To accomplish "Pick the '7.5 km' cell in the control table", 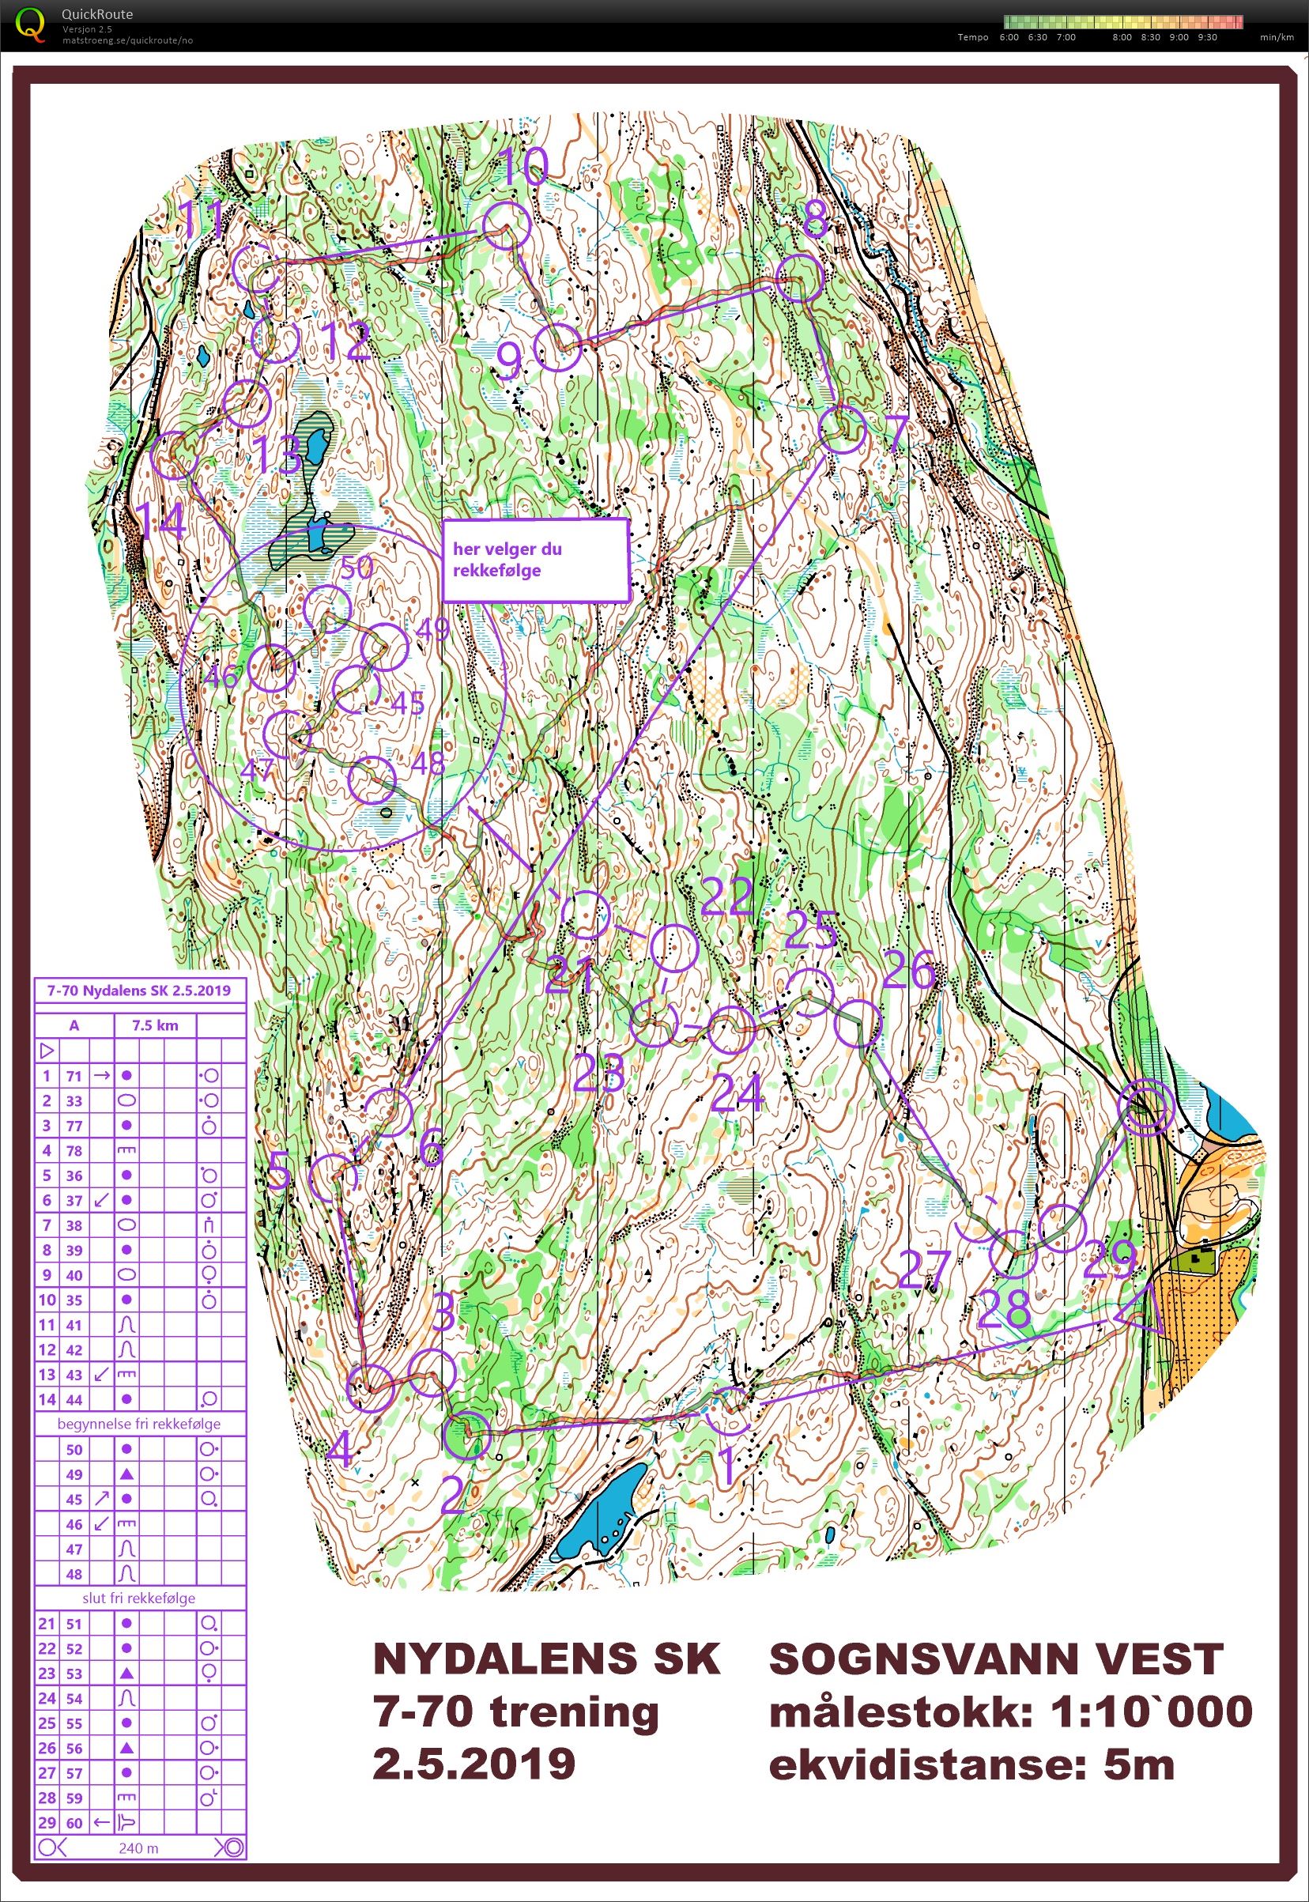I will [154, 1025].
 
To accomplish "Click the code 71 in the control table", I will [74, 1075].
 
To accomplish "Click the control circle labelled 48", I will [372, 780].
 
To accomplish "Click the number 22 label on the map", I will [726, 896].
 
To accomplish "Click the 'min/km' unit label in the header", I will [1276, 37].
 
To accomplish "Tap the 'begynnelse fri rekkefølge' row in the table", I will [138, 1424].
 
